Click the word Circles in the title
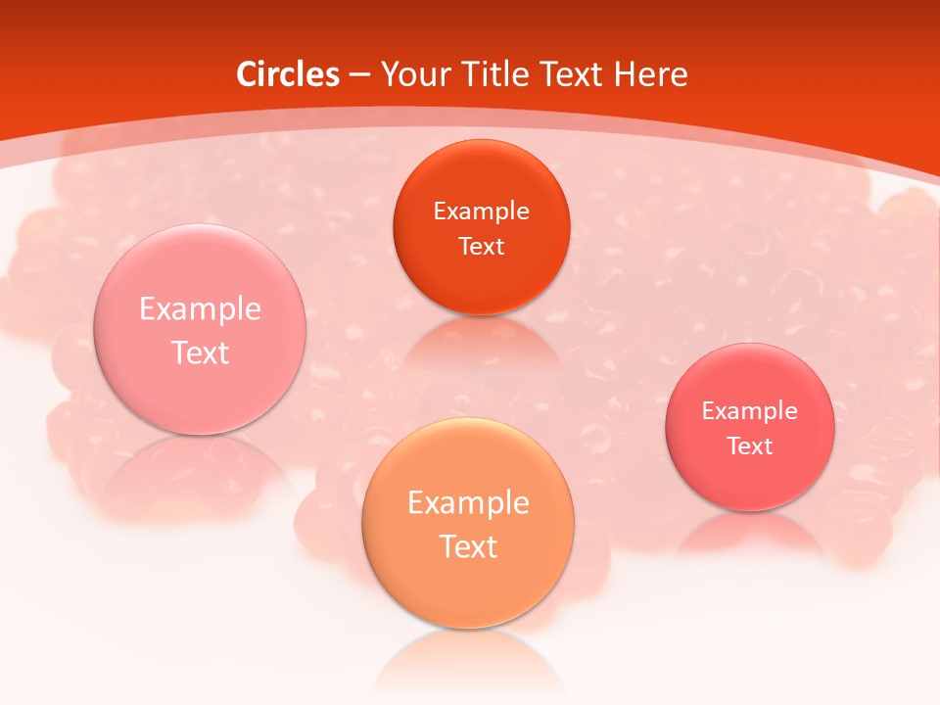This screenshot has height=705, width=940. pos(288,74)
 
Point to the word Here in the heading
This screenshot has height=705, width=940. pos(652,74)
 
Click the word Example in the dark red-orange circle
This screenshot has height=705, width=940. pos(481,211)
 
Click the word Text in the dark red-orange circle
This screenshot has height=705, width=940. pos(481,246)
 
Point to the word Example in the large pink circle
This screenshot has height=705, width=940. pos(200,309)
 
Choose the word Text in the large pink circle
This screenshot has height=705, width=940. pos(200,352)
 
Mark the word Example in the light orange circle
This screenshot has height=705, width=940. pos(468,503)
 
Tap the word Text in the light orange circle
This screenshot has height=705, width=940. pos(468,546)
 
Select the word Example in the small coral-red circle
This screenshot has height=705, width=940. pos(750,411)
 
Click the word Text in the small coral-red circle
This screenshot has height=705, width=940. pos(750,446)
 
